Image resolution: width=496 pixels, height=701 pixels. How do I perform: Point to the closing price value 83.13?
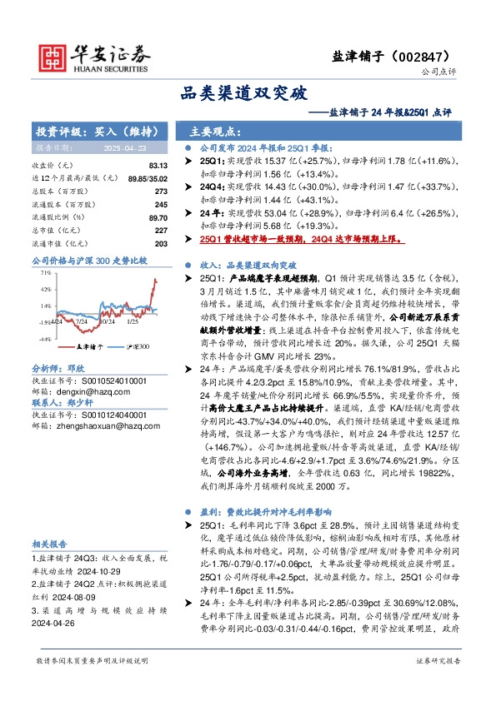point(158,167)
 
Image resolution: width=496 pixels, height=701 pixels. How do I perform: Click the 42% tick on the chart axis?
point(44,289)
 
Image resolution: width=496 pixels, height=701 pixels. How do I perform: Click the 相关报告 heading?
point(49,542)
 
